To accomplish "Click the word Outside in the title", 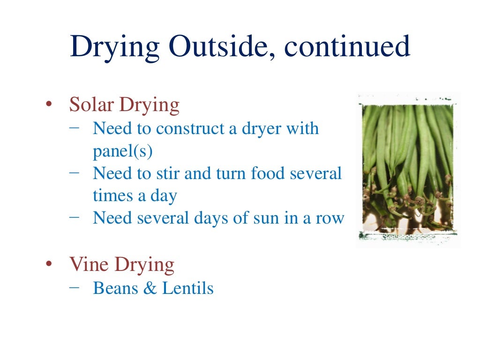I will pos(218,47).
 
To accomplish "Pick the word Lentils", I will pos(188,288).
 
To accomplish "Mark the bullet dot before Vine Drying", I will pos(48,266).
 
